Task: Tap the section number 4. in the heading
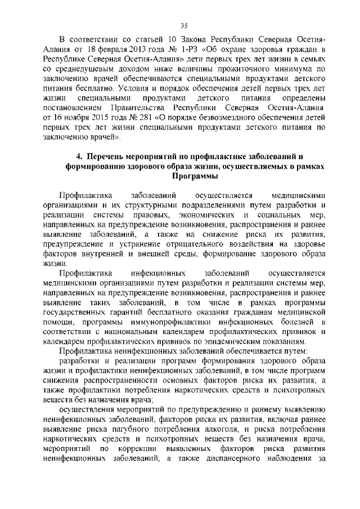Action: (x=79, y=155)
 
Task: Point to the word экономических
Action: (x=200, y=215)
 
